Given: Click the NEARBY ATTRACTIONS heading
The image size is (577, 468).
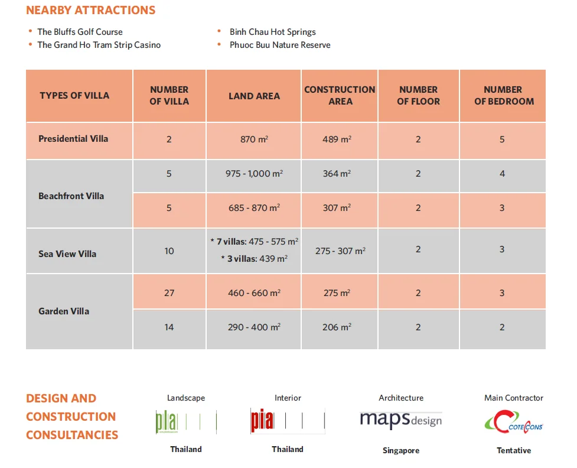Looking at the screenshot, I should coord(91,11).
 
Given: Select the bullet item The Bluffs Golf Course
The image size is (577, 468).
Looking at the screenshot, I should coord(80,32).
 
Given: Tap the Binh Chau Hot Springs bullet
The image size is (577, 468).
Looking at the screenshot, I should coord(272,32).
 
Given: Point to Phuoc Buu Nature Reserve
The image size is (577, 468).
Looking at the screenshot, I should coord(280,45).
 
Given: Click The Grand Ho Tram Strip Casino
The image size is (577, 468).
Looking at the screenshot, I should coord(99,45).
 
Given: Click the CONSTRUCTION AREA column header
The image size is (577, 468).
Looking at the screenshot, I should coord(340,96).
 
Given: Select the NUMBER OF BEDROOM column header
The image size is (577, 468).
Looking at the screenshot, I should coord(503,96).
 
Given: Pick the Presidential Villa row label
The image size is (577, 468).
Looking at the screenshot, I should coord(73,139).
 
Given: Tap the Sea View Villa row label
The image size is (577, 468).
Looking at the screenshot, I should coord(67,254).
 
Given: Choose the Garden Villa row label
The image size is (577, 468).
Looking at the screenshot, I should coord(64,311).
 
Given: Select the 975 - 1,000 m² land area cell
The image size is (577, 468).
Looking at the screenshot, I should coord(254,174).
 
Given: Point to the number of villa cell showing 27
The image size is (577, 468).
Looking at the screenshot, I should coord(169,293).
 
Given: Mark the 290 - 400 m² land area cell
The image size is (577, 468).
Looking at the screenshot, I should coord(254,327).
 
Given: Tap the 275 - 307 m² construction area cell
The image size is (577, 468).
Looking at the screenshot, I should coord(340,251).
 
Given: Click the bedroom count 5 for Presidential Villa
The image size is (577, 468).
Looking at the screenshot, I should coord(502,139).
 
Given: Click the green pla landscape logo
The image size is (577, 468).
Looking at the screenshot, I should coord(185,422).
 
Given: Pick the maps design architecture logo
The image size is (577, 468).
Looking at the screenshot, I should coord(400,420).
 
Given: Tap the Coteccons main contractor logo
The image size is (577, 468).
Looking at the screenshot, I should coord(513,422).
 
